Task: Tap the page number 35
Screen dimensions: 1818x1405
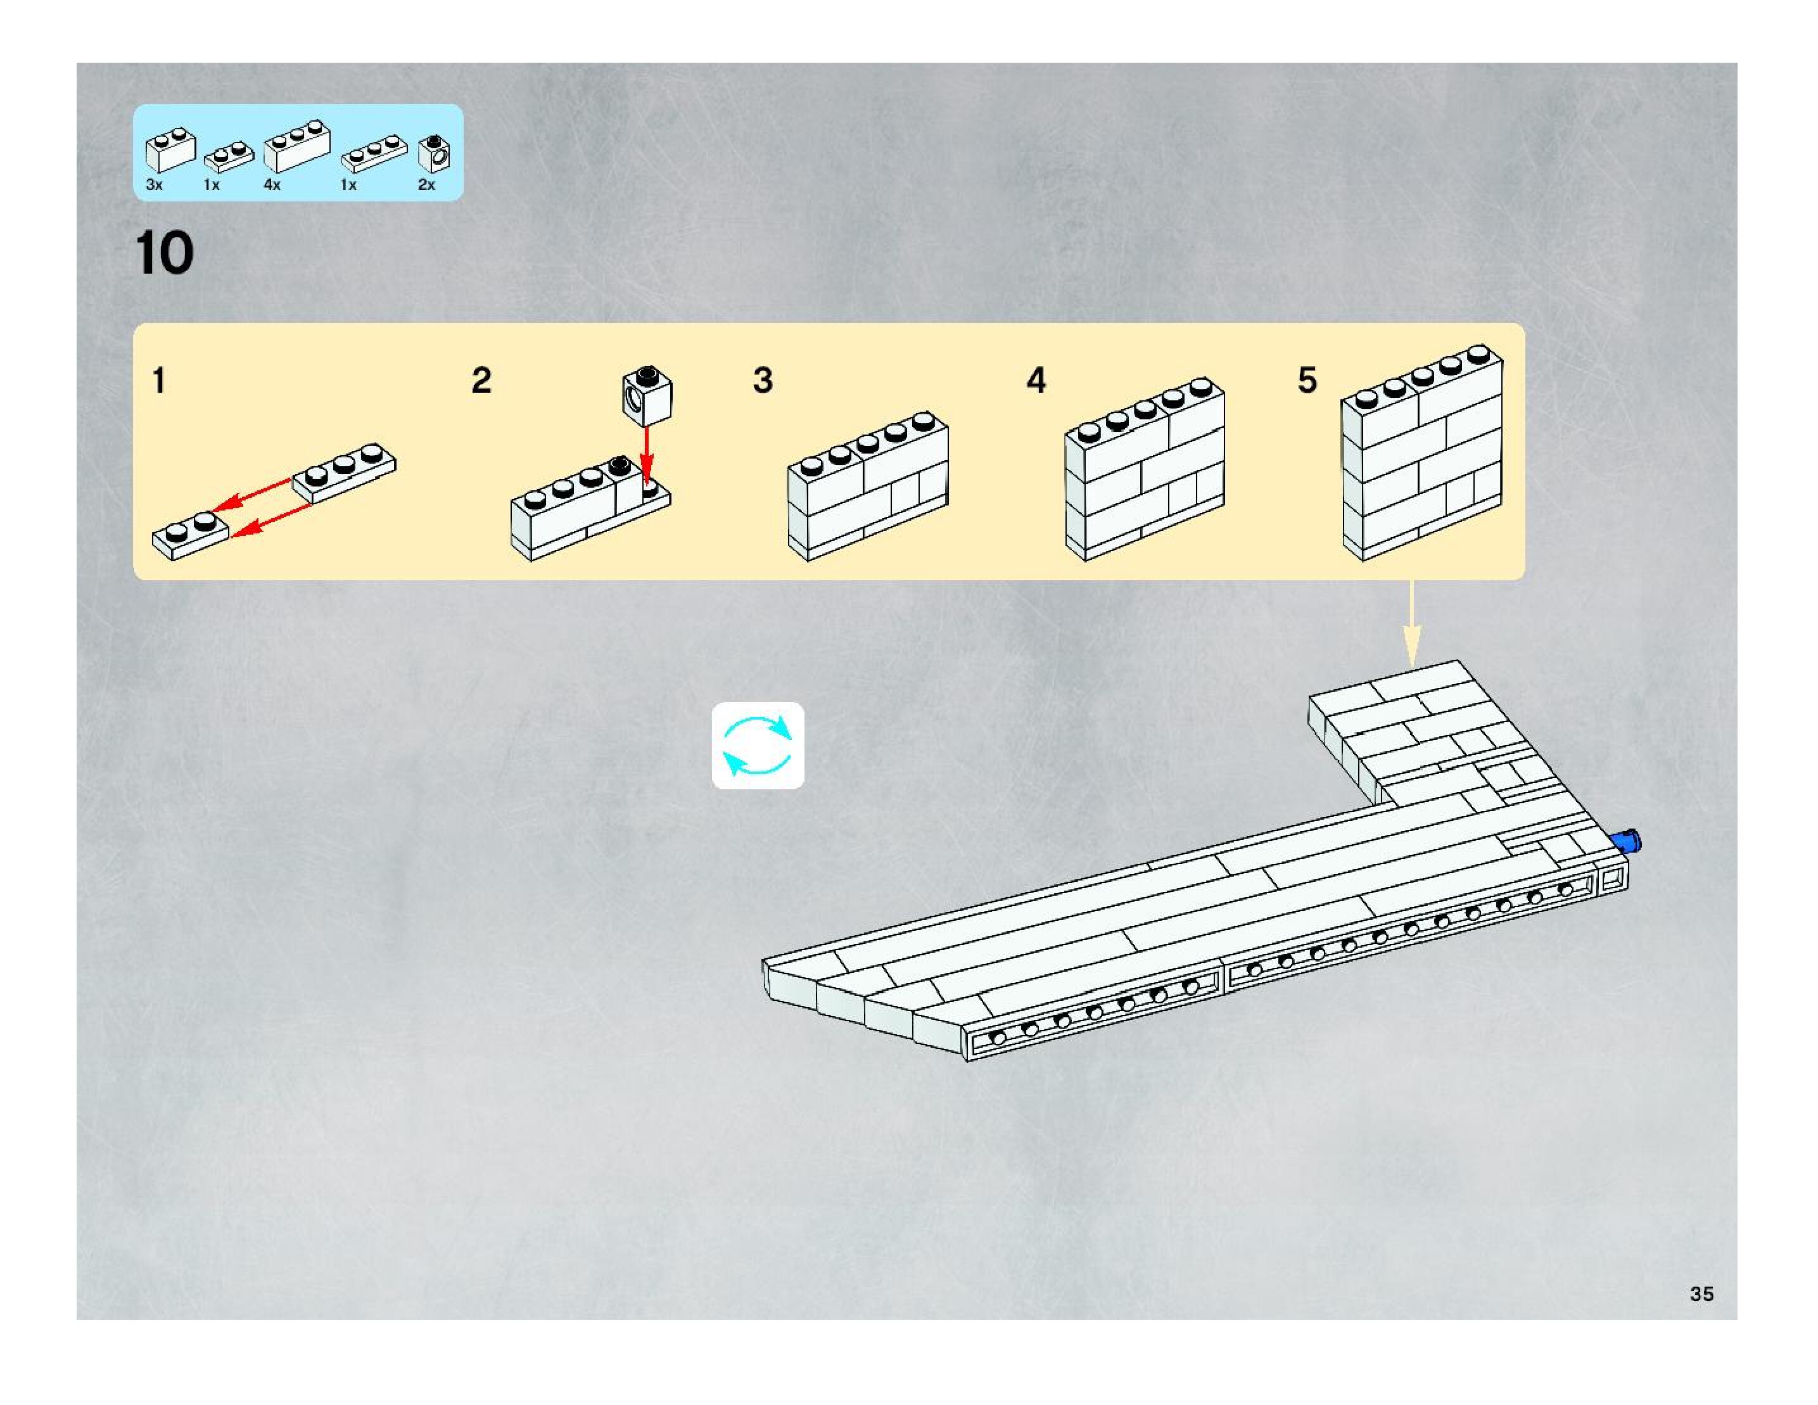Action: pos(1701,1294)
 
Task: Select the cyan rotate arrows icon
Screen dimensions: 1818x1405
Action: pos(758,745)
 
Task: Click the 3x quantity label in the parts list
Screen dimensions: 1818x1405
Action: pos(154,185)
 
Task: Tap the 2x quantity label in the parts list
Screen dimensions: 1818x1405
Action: pos(426,185)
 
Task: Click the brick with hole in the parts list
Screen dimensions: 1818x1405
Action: pos(434,151)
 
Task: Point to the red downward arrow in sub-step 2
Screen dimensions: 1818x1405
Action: pos(647,454)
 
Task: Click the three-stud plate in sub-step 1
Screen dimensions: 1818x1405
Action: pos(344,472)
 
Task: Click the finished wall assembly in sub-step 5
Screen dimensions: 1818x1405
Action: pos(1421,454)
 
